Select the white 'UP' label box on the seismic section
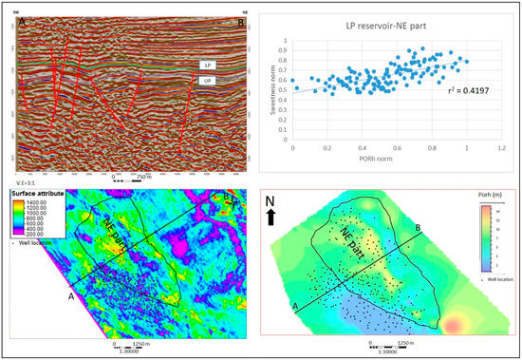206,83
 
